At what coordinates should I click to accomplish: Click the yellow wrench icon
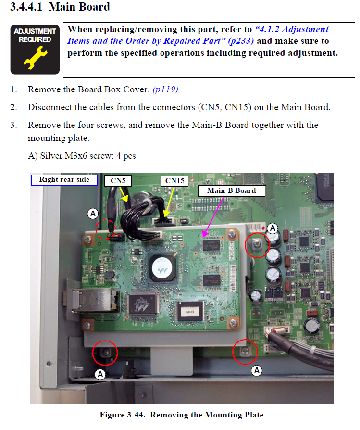click(x=36, y=57)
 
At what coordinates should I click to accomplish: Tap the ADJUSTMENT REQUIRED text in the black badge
click(x=35, y=36)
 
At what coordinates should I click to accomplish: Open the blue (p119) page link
click(x=165, y=89)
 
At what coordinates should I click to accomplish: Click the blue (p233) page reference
click(x=241, y=41)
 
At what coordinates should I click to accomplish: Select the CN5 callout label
click(x=118, y=181)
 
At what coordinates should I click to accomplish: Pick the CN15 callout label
click(x=174, y=181)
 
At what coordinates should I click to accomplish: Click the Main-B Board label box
click(x=232, y=190)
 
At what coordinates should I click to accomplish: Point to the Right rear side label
click(x=64, y=180)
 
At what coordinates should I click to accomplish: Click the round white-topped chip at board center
click(x=162, y=267)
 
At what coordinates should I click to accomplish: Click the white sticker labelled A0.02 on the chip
click(x=190, y=312)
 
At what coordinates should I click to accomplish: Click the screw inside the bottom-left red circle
click(x=106, y=352)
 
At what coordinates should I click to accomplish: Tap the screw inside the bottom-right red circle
click(x=245, y=350)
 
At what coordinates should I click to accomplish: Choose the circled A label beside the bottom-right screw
click(x=257, y=370)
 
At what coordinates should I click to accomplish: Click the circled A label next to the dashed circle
click(x=93, y=214)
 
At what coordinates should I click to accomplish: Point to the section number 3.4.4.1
click(x=26, y=7)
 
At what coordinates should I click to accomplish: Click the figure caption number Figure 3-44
click(x=122, y=415)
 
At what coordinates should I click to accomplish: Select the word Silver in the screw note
click(x=51, y=156)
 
